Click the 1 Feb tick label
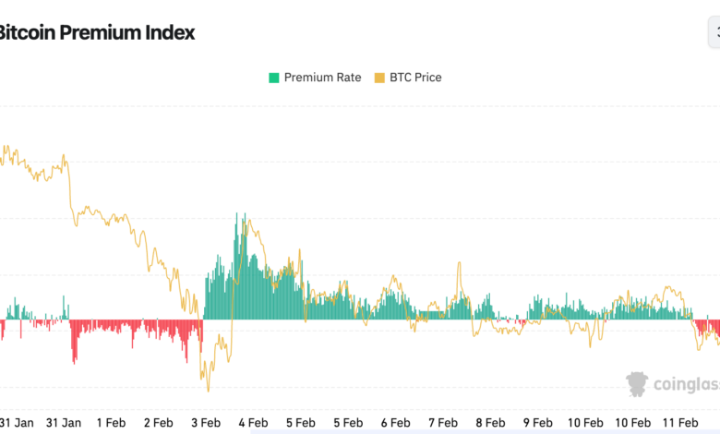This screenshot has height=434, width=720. (x=111, y=422)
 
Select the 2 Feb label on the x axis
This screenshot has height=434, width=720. (x=158, y=422)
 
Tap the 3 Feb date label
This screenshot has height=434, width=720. (x=206, y=422)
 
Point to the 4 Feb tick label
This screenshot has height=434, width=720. (x=253, y=422)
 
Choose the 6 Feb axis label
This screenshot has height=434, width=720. (x=395, y=422)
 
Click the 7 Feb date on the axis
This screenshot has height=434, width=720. (x=443, y=422)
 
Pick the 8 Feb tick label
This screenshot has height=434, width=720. (x=490, y=422)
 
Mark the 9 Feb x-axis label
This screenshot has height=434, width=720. (x=537, y=422)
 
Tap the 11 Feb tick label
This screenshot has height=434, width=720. (x=680, y=422)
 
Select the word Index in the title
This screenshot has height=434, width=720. (x=170, y=32)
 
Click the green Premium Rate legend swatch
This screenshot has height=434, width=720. (x=273, y=78)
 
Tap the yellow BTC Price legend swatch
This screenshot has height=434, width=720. (x=379, y=78)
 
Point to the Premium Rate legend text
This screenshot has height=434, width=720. (x=322, y=78)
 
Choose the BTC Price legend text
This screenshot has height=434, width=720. (x=415, y=78)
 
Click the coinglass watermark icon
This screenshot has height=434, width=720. (x=637, y=384)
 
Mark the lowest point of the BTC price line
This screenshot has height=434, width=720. (x=208, y=390)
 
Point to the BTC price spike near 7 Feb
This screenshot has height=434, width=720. (x=459, y=264)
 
